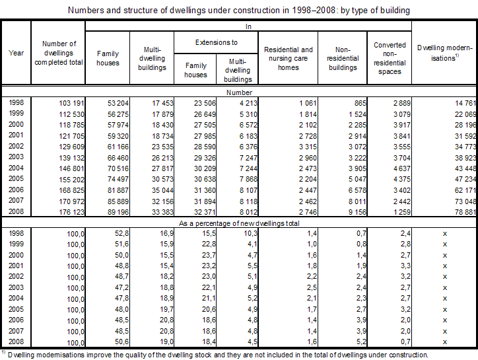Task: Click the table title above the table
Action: (238, 10)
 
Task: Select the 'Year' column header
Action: (17, 53)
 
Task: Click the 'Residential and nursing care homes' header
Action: (288, 58)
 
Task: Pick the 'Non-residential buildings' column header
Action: (342, 58)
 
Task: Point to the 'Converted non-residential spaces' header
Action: (390, 58)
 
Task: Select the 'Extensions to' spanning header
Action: (216, 42)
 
